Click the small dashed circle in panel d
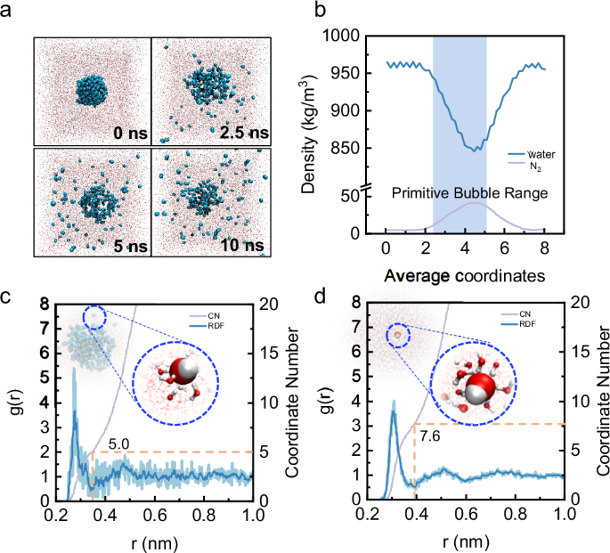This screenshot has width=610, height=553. click(398, 336)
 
